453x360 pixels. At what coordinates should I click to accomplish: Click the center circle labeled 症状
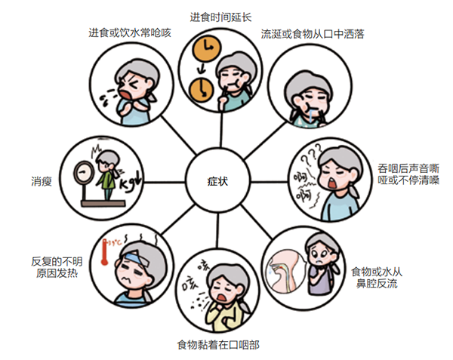click(217, 182)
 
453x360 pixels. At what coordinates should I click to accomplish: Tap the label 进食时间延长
click(220, 17)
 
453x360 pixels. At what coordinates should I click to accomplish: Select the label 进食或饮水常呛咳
click(130, 32)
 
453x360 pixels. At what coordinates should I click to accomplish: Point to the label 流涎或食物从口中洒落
click(313, 34)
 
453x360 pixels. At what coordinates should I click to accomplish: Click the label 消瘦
click(42, 181)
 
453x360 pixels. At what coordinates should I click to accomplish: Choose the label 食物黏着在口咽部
click(218, 345)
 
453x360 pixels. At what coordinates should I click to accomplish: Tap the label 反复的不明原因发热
click(57, 267)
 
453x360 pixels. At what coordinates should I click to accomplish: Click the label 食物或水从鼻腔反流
click(377, 278)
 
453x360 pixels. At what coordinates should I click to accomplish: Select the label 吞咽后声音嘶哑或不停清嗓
click(408, 174)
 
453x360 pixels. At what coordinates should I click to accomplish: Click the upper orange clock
click(208, 48)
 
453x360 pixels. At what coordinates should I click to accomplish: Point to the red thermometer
click(104, 252)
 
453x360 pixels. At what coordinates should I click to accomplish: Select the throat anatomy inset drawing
click(285, 272)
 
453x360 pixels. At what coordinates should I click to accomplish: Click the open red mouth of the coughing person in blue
click(125, 94)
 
